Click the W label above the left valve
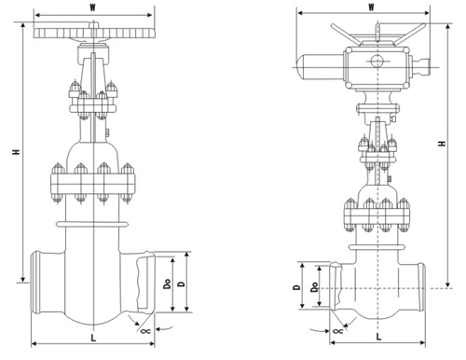click(92, 8)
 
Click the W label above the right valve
click(371, 7)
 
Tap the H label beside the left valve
click(16, 152)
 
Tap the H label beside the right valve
click(442, 144)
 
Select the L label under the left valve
click(93, 338)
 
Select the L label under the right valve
click(378, 337)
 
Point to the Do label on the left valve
click(168, 284)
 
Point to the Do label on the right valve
click(315, 287)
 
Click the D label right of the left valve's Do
click(182, 284)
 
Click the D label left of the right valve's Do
click(297, 287)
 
